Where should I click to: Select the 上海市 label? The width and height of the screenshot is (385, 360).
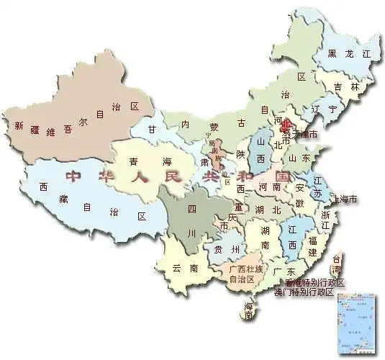pyautogui.click(x=344, y=199)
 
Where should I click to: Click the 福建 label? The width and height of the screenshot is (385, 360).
pyautogui.click(x=312, y=243)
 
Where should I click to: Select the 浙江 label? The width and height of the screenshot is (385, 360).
pyautogui.click(x=325, y=220)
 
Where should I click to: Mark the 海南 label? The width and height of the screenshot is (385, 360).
pyautogui.click(x=249, y=312)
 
